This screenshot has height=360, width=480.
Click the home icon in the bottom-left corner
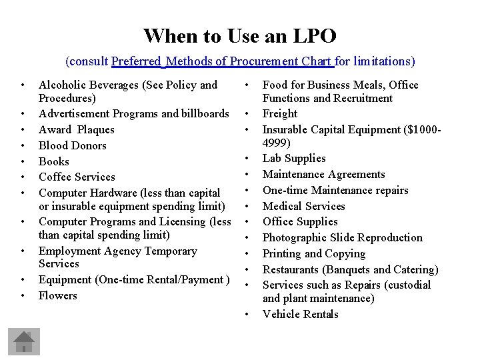point(25,341)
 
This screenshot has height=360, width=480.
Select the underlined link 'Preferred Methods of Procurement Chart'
point(223,61)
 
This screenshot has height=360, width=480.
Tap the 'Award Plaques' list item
point(76,129)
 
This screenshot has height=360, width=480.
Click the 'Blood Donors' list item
point(72,145)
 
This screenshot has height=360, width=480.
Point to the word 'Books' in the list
point(54,161)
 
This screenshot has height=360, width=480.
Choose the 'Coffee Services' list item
point(77,177)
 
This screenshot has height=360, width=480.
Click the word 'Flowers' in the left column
point(58,295)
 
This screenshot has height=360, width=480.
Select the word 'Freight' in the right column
point(281,114)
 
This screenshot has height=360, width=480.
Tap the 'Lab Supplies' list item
point(294,159)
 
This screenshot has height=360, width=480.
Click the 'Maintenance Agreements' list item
point(323,175)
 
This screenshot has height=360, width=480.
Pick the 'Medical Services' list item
point(303,206)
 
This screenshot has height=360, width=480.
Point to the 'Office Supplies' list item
point(300,221)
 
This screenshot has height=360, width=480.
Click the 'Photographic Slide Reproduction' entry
point(342,237)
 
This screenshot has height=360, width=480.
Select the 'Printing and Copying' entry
point(313,253)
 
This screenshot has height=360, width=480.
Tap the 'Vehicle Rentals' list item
point(300,314)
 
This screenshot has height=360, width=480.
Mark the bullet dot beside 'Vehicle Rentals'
point(247,315)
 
